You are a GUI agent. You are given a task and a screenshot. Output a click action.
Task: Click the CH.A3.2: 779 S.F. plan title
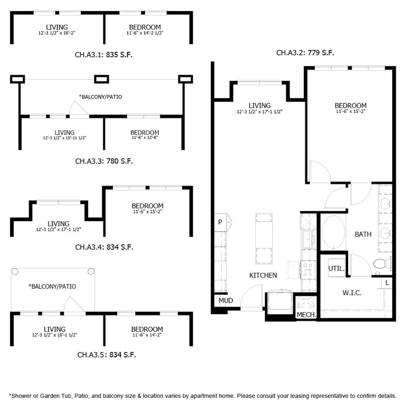tap(305, 53)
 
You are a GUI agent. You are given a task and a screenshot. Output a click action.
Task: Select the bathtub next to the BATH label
tap(333, 233)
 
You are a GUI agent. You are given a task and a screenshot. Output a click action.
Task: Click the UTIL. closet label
tap(336, 268)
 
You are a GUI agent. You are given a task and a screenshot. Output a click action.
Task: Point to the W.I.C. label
tap(352, 292)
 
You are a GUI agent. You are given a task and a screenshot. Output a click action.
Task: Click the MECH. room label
tap(306, 315)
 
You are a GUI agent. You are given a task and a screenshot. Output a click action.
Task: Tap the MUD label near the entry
tap(226, 301)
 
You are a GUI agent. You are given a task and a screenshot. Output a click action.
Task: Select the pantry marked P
tap(220, 222)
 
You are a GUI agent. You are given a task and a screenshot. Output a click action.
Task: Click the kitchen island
tap(264, 239)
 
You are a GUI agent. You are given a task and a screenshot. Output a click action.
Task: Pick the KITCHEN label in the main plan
tap(263, 275)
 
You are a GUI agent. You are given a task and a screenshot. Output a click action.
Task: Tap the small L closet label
tap(387, 283)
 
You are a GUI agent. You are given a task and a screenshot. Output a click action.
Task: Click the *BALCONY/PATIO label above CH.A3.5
tap(52, 286)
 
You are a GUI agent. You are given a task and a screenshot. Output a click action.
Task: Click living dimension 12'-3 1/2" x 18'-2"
tap(57, 33)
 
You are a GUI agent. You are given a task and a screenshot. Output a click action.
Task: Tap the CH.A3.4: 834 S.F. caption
tap(104, 247)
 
